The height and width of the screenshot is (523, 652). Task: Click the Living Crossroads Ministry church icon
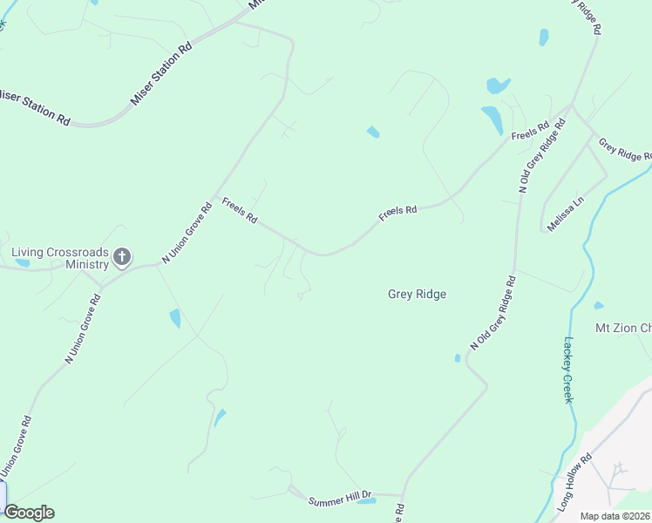[x=122, y=256]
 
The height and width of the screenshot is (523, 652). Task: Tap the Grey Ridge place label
[x=417, y=295]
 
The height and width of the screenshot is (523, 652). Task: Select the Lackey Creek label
[x=568, y=370]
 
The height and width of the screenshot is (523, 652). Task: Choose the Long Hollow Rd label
[x=574, y=482]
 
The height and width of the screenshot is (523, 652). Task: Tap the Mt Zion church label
[x=622, y=328]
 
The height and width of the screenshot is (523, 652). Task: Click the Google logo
[x=29, y=513]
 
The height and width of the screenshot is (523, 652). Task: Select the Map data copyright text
[x=615, y=516]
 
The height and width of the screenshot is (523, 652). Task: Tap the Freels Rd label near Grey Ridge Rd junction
[x=530, y=132]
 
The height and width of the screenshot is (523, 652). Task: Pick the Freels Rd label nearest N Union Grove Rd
[x=239, y=211]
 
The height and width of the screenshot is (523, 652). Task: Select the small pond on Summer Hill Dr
[x=367, y=501]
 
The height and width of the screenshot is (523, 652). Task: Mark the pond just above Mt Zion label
[x=598, y=305]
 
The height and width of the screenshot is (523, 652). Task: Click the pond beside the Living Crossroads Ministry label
[x=22, y=262]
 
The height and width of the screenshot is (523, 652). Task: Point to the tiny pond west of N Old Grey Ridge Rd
[x=457, y=357]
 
